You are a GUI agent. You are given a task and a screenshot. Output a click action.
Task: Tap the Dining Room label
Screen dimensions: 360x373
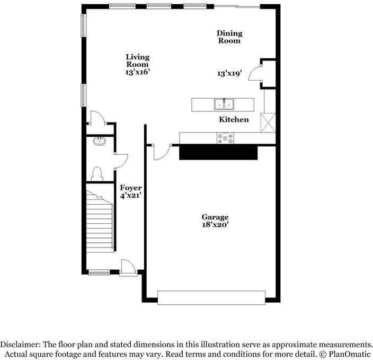[228, 37]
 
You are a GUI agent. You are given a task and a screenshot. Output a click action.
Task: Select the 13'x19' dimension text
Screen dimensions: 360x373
[229, 74]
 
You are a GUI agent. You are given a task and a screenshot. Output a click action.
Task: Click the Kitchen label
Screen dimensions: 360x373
[234, 119]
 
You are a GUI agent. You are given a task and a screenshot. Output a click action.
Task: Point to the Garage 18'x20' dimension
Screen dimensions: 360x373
[215, 224]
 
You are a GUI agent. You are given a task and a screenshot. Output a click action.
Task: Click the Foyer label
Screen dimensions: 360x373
[130, 188]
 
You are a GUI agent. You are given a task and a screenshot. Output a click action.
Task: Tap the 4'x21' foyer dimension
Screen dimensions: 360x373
[130, 196]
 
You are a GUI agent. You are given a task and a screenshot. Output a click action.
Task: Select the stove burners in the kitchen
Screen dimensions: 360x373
[225, 138]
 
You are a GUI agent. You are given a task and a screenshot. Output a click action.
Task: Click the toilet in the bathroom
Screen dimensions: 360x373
[96, 173]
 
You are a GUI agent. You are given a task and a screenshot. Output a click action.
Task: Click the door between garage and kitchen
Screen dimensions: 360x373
[160, 151]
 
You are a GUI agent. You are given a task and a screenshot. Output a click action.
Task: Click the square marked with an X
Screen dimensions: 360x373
[268, 122]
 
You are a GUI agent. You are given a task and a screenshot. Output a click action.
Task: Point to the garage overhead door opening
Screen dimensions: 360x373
[210, 297]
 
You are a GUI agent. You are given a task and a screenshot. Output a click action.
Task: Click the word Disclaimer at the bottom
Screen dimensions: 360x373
[22, 344]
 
